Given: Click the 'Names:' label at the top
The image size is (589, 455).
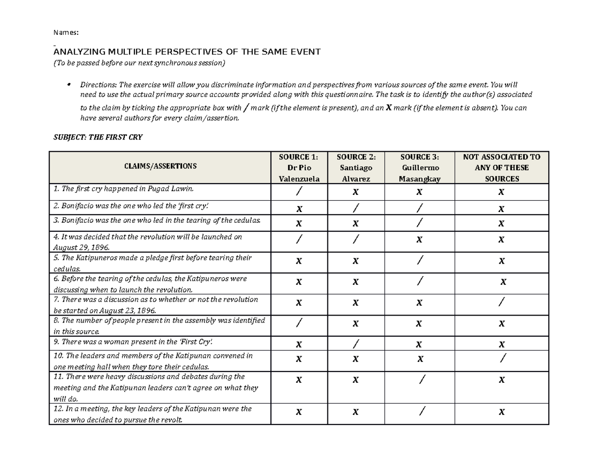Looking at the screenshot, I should point(65,33).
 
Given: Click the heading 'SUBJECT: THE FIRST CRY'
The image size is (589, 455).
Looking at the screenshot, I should point(97,137).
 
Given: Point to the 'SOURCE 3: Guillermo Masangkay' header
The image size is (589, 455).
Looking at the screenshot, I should point(419,167).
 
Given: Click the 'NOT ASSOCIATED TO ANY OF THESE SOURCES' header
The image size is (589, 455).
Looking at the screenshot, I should point(501,167).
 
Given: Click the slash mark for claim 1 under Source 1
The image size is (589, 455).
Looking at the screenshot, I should point(299,192).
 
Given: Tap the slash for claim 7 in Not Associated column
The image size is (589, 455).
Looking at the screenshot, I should point(501,302).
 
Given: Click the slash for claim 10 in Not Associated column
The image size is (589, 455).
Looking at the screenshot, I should point(501,359).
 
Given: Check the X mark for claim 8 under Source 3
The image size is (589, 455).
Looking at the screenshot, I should point(419,323).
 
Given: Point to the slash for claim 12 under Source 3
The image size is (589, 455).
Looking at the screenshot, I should point(419,412).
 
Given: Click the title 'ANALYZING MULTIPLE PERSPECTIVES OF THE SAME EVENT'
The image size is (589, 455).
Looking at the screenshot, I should point(187,53).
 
